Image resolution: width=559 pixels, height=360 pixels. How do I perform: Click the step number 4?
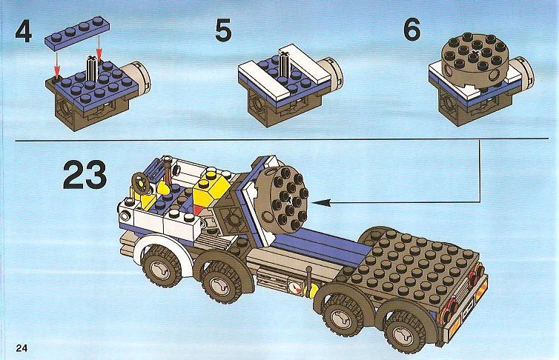(x=24, y=31)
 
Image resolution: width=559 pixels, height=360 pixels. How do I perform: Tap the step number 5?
(x=224, y=30)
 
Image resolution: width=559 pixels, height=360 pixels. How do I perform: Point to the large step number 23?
(x=85, y=175)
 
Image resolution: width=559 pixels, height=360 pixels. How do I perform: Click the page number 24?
(x=21, y=347)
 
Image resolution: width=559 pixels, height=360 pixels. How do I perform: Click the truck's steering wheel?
(x=141, y=184)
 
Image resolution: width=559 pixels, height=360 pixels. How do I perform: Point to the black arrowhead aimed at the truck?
(x=321, y=203)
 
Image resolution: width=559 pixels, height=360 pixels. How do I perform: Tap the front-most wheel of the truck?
(x=161, y=267)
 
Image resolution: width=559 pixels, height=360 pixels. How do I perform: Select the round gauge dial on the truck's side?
(x=294, y=287)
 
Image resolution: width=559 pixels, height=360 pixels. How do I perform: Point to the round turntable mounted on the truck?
(x=284, y=198)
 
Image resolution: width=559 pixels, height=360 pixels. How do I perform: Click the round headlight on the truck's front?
(x=125, y=216)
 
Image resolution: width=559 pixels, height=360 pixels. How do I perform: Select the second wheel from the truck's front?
(x=217, y=282)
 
